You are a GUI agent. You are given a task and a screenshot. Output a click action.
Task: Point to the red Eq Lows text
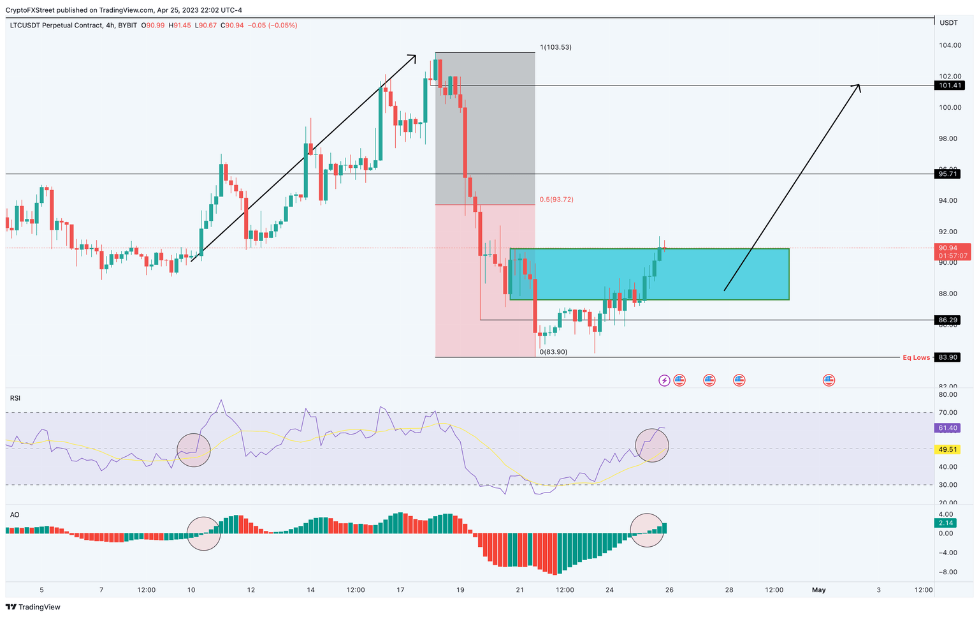(916, 357)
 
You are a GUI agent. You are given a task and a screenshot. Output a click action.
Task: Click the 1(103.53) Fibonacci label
(555, 47)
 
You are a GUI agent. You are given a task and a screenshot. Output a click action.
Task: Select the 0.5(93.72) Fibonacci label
(556, 199)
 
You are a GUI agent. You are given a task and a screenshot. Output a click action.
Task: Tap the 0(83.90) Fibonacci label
(553, 352)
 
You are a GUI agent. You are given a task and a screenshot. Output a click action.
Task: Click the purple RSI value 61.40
(948, 428)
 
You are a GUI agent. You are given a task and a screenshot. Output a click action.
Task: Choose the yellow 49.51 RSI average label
(948, 449)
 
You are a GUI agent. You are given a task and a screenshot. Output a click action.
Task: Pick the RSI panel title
(15, 398)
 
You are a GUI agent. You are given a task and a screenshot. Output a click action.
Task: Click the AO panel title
(14, 514)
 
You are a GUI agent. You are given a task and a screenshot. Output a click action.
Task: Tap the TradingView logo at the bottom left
(33, 607)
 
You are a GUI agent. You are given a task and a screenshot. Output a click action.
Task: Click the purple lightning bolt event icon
(664, 380)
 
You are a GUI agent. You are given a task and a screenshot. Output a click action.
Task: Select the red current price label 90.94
(952, 251)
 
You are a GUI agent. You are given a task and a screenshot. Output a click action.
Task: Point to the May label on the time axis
(818, 590)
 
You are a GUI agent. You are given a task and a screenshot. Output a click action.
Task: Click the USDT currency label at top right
(949, 22)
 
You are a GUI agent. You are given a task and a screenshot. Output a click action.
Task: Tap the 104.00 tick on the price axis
(950, 45)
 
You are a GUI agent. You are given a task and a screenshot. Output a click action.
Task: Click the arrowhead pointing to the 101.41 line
(858, 87)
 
